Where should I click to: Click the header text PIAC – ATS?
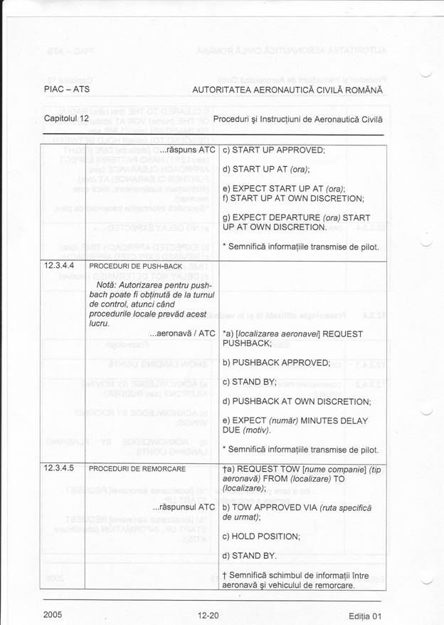point(66,91)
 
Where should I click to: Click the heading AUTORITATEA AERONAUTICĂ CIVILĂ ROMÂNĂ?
point(287,91)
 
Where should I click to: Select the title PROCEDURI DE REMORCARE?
point(137,469)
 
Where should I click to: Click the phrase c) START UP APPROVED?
point(273,150)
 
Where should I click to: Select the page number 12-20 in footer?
point(208,615)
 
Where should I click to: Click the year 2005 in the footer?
point(53,614)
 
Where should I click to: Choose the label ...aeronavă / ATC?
point(181,334)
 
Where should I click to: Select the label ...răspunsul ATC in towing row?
point(183,507)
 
